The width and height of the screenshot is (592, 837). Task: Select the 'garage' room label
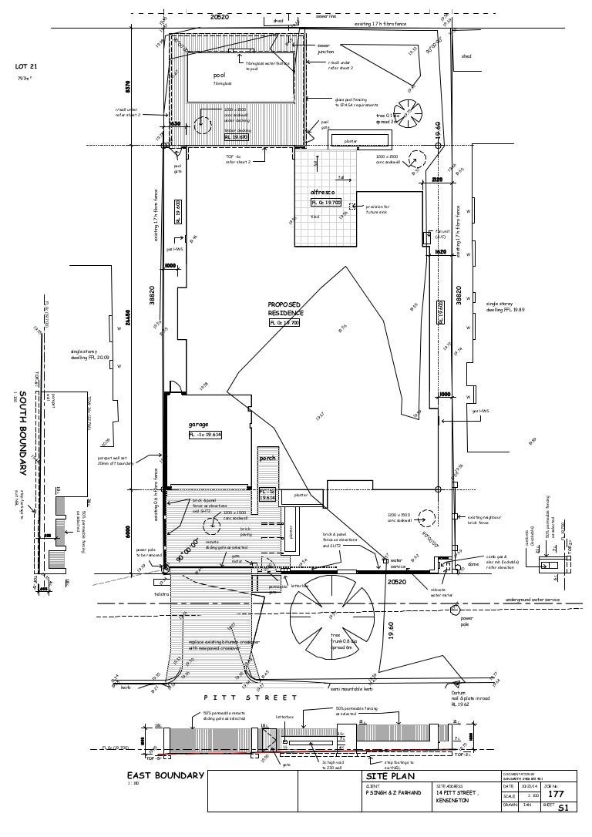[x=199, y=424]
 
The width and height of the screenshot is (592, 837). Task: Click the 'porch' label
[x=267, y=459]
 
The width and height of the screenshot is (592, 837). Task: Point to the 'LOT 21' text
[x=27, y=66]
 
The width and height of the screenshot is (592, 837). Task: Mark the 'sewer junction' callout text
[x=325, y=49]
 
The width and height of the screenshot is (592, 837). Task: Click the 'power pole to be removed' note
[x=148, y=553]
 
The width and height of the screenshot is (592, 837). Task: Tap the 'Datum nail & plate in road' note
[x=470, y=698]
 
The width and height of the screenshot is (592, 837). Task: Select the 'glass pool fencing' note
[x=356, y=103]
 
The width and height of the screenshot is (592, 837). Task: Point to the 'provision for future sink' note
[x=378, y=209]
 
